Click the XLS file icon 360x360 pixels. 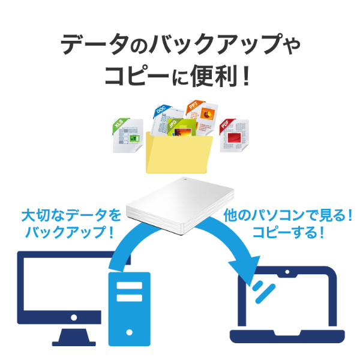(x=128, y=135)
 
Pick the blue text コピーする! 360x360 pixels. (x=289, y=233)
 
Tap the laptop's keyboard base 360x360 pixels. (x=288, y=335)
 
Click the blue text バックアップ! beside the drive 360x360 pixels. (x=71, y=233)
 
